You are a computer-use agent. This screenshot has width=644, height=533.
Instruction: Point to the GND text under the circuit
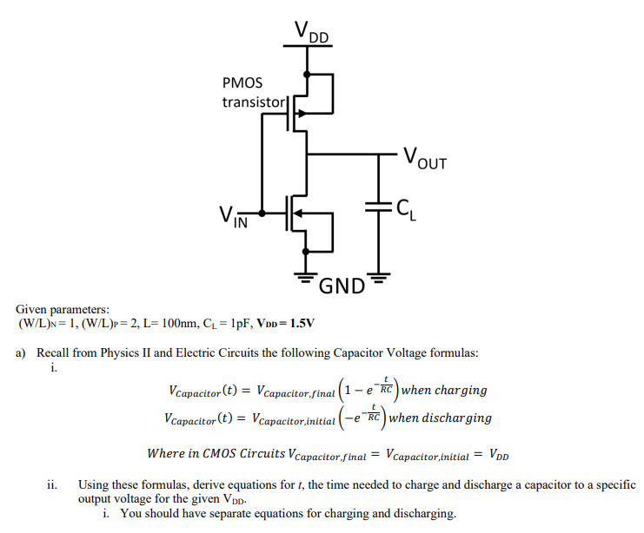click(341, 286)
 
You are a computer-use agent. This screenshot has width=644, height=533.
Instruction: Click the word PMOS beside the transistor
click(243, 84)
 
